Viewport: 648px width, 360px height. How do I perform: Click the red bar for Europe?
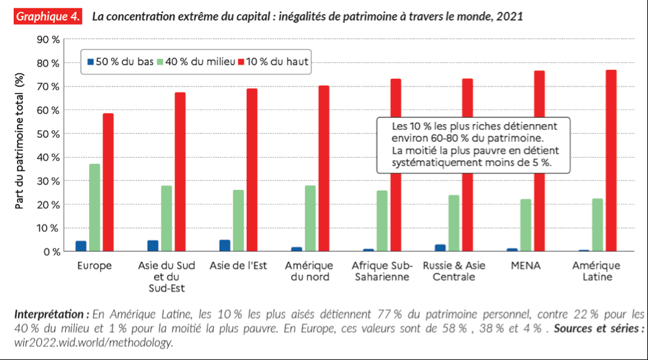pos(108,182)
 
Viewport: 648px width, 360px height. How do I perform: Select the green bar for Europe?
pos(95,208)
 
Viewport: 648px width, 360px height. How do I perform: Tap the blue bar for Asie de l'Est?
pos(224,245)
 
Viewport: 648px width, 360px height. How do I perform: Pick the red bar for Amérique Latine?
pos(611,160)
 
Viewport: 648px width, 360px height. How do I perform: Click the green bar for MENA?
pos(525,226)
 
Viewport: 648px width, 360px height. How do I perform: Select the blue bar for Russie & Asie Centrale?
pos(440,248)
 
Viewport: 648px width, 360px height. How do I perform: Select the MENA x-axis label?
pos(525,265)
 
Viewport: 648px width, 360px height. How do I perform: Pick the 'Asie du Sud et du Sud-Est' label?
pos(167,276)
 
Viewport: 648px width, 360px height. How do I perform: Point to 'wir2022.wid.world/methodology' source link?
pos(93,342)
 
